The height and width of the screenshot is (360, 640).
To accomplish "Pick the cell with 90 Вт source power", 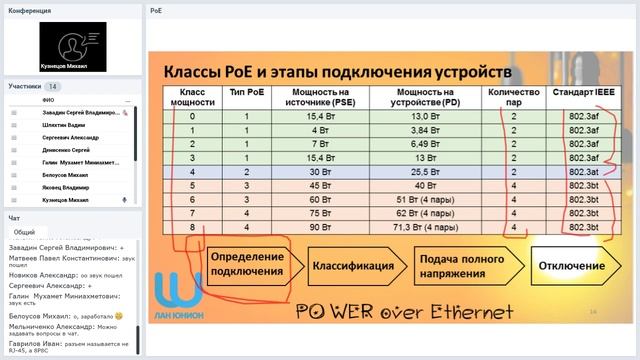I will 320,227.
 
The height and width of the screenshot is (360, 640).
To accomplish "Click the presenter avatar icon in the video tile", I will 72,41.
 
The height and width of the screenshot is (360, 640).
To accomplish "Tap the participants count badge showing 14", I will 52,87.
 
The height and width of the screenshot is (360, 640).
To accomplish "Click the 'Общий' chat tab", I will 24,231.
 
